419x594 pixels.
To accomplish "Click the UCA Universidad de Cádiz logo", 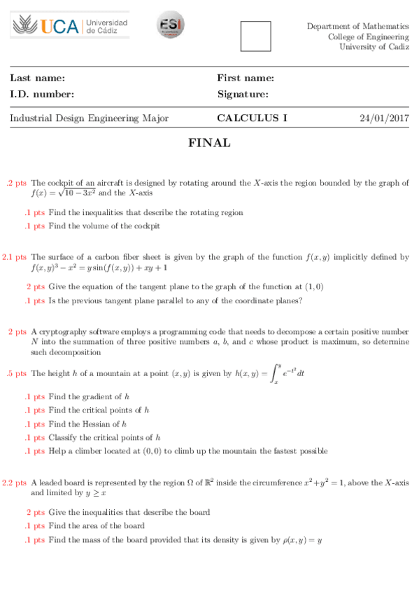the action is point(70,26).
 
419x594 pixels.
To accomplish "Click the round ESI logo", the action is point(170,25).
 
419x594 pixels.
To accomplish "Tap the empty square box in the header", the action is point(255,36).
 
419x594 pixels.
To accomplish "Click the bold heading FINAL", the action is point(209,144).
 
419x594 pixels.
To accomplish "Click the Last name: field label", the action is point(37,78).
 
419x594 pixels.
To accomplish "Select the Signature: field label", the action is point(243,95).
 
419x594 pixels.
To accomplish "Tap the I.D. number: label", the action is point(42,95).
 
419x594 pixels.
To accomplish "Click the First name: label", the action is point(245,78).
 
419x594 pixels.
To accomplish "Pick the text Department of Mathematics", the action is point(357,27).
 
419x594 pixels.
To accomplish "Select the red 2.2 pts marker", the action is point(14,483).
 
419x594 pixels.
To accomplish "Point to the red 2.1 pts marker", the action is point(14,258).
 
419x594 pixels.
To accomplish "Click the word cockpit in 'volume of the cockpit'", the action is point(147,226).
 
